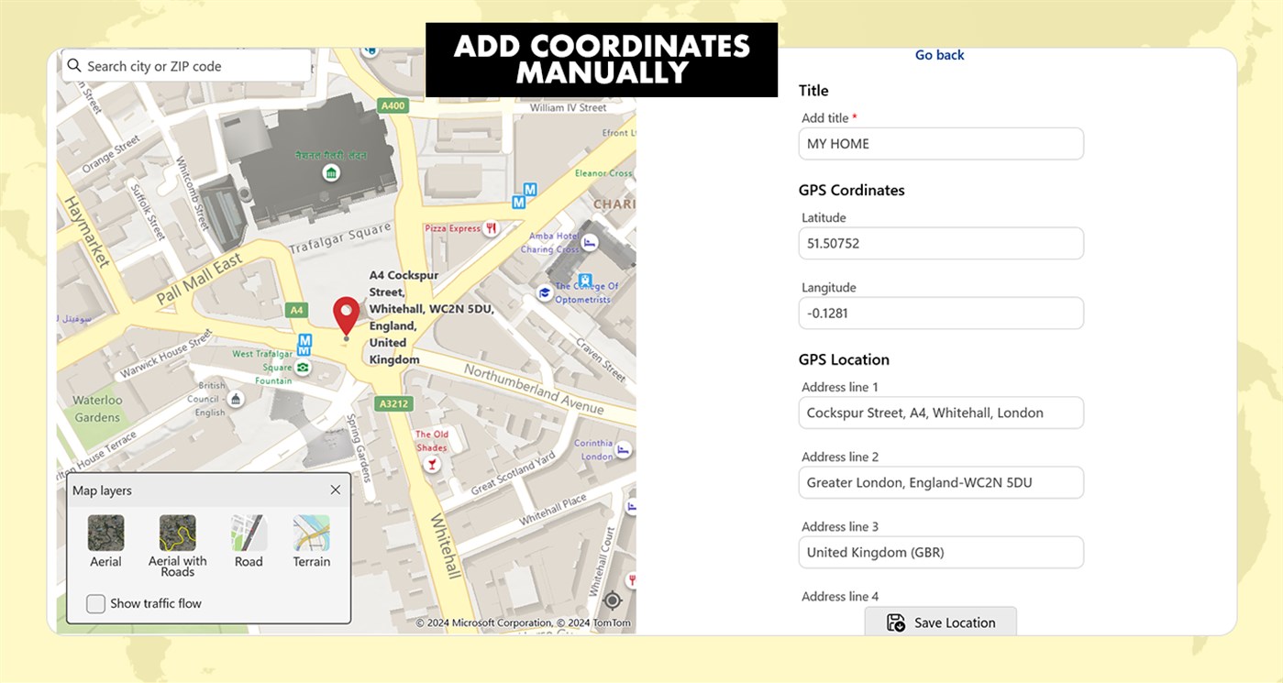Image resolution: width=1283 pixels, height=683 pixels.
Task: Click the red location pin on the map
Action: (346, 314)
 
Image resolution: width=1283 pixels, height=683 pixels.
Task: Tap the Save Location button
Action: (941, 622)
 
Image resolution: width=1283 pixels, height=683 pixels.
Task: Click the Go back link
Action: (939, 55)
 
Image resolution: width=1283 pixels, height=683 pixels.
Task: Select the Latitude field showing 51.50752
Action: (941, 244)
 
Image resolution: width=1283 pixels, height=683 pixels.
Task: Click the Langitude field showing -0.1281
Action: (941, 314)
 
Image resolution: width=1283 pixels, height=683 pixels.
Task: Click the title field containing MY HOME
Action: (941, 144)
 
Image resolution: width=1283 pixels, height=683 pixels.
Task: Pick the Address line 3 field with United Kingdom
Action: (941, 553)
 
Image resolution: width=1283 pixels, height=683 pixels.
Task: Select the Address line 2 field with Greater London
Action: (941, 483)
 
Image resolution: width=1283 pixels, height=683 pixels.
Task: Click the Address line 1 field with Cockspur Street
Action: (941, 413)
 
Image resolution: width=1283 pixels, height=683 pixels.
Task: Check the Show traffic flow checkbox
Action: (95, 603)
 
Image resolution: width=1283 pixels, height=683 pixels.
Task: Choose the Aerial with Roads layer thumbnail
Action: (178, 533)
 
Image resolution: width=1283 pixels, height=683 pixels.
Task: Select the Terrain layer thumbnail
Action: (311, 533)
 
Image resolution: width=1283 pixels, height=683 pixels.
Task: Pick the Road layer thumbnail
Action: (249, 533)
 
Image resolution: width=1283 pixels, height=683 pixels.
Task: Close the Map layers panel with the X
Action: (336, 490)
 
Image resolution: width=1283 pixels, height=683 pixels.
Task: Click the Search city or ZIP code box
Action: (187, 66)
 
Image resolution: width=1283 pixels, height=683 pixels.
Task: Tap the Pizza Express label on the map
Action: (452, 228)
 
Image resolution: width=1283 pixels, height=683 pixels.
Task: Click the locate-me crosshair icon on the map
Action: (613, 601)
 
